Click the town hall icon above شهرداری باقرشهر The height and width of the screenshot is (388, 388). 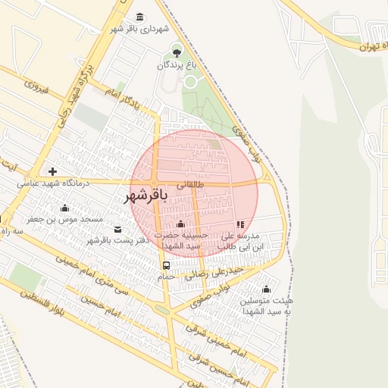click(x=139, y=17)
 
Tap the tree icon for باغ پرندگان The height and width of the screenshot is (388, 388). click(x=177, y=52)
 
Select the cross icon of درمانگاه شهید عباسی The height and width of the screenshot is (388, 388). click(x=52, y=171)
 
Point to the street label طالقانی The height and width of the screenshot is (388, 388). click(x=190, y=183)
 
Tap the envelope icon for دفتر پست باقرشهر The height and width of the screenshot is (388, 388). click(x=117, y=229)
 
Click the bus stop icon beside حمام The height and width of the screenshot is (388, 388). click(x=166, y=265)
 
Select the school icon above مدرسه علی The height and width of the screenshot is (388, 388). click(x=240, y=224)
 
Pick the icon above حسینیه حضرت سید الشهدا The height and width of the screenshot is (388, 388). click(x=180, y=224)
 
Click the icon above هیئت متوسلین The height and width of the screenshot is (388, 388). click(x=266, y=289)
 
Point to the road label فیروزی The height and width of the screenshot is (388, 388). click(x=36, y=89)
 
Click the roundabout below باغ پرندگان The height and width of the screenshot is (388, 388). click(x=190, y=81)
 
